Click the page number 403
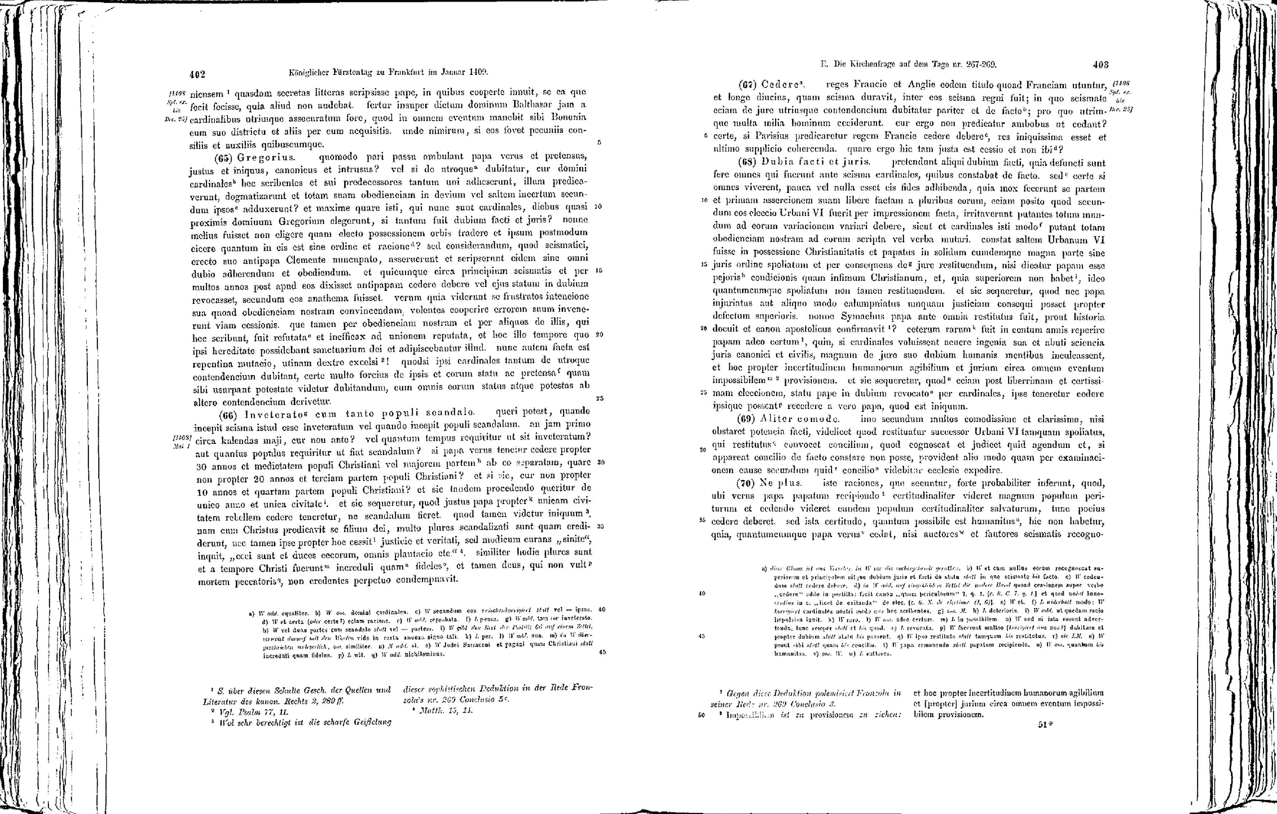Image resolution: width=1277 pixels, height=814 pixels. pyautogui.click(x=1101, y=66)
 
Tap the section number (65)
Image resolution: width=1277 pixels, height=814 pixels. pyautogui.click(x=224, y=158)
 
